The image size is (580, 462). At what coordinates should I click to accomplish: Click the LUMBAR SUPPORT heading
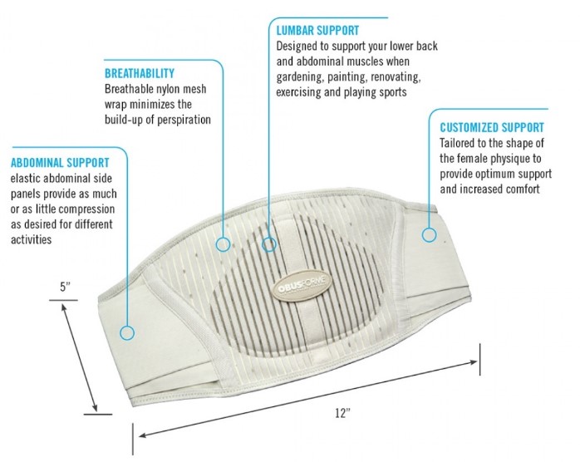tap(318, 31)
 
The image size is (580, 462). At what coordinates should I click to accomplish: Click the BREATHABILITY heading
tap(140, 73)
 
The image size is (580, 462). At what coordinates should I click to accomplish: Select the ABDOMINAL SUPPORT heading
tap(60, 162)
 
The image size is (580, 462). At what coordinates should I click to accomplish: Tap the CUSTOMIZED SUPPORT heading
tap(492, 127)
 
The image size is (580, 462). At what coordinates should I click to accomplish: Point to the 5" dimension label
tap(65, 288)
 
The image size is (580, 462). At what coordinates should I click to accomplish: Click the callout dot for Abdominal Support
tap(127, 333)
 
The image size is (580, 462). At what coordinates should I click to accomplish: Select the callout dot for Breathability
tap(223, 244)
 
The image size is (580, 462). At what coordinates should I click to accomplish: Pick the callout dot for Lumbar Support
tap(269, 244)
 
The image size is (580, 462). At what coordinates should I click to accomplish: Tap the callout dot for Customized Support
tap(429, 235)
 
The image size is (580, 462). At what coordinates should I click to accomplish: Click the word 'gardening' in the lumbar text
tap(303, 76)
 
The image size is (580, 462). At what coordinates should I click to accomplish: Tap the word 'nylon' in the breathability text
tap(177, 89)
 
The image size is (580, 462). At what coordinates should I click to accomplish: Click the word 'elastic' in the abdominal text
tap(27, 178)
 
